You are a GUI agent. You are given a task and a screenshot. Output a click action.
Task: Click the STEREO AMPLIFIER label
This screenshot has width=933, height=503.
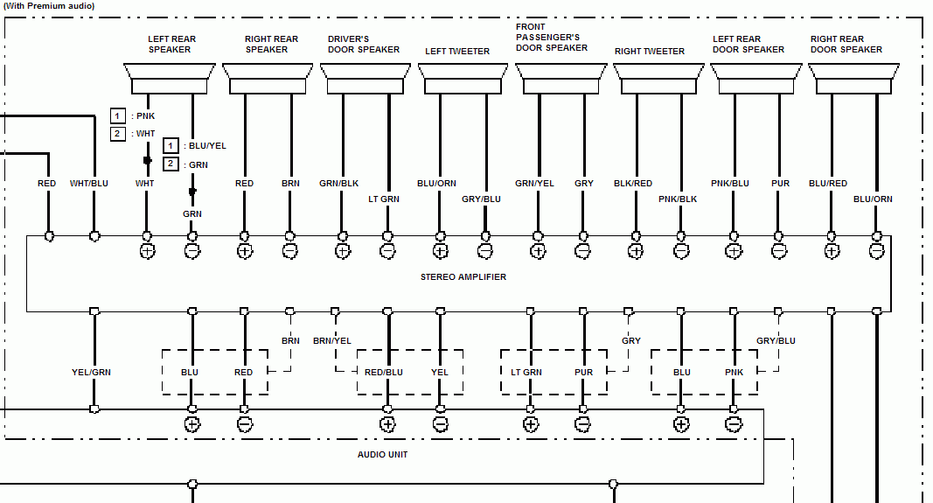tap(463, 277)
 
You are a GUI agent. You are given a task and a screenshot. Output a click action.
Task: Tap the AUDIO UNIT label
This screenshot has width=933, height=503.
tap(382, 455)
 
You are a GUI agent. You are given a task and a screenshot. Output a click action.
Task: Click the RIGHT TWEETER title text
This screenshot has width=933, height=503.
tap(650, 52)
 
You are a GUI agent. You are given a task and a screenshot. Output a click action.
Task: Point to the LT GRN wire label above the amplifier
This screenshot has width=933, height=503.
tap(384, 199)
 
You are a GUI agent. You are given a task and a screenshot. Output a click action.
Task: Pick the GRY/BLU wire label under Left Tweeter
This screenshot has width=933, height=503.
tap(482, 199)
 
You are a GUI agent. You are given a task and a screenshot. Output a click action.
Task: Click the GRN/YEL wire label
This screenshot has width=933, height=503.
tap(534, 184)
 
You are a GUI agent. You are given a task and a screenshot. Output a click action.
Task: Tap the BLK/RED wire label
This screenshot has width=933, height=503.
tap(632, 184)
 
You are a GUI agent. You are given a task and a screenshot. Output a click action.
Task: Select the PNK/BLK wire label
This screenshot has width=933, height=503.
tap(678, 199)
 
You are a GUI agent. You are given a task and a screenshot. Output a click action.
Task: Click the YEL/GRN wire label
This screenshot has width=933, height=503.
tap(91, 373)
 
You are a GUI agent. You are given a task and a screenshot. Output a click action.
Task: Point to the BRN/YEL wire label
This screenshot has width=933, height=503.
tap(332, 341)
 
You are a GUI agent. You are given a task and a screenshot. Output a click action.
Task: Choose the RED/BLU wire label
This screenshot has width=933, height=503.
tap(384, 373)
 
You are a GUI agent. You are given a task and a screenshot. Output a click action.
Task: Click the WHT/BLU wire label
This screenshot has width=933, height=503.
tap(89, 184)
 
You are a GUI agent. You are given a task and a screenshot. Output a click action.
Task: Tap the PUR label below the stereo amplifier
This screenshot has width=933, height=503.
tap(584, 373)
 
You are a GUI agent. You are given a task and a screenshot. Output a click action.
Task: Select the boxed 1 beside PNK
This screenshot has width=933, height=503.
tap(118, 115)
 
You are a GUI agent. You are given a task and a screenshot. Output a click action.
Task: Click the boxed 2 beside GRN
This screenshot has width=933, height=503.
tap(171, 164)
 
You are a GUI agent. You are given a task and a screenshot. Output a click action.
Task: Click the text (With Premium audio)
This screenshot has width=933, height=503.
tap(50, 5)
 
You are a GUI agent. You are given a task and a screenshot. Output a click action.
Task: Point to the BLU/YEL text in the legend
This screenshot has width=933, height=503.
tap(206, 146)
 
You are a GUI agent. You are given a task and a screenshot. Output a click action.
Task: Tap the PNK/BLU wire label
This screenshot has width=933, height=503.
tap(730, 184)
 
